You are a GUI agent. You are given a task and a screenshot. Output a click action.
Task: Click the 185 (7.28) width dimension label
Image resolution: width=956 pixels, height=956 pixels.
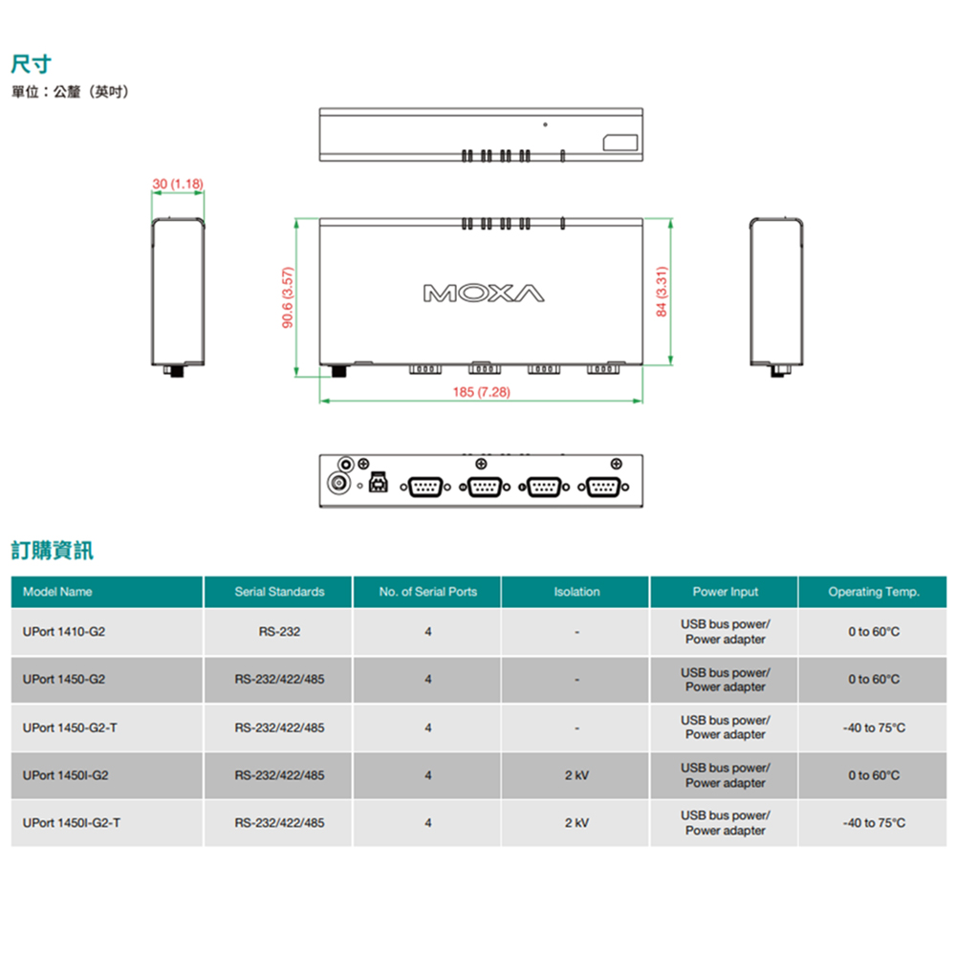tap(481, 393)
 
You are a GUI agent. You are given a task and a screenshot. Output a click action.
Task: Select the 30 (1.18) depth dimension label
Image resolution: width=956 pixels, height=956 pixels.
tap(178, 183)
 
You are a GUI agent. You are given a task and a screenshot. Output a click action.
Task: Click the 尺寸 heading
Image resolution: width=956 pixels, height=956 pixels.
tap(31, 65)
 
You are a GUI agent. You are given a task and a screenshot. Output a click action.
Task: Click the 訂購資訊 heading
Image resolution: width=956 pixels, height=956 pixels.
tap(52, 551)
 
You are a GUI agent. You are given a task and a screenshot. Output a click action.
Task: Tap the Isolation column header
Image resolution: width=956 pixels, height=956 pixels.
tap(576, 592)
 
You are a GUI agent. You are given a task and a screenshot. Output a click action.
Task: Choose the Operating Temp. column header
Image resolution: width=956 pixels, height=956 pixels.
tap(873, 592)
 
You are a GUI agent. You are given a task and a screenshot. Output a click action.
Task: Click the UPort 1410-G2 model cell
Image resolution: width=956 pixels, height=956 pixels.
tap(64, 632)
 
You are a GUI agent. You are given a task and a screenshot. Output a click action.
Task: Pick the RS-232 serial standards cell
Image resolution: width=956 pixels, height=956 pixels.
tap(279, 632)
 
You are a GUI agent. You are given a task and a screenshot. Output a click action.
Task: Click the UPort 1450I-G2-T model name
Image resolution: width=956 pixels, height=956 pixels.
tap(72, 823)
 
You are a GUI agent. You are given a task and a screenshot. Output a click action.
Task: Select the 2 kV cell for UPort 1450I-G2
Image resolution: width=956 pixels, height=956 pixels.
tap(576, 775)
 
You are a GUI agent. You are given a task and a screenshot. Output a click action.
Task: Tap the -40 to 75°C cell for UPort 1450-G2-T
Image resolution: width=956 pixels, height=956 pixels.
tap(873, 728)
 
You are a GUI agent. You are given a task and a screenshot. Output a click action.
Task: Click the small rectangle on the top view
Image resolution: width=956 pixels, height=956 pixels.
tap(619, 142)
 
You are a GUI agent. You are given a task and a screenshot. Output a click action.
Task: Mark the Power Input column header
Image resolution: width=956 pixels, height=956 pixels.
tap(725, 592)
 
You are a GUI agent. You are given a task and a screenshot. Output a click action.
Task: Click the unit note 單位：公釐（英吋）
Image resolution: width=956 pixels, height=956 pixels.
tap(70, 92)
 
